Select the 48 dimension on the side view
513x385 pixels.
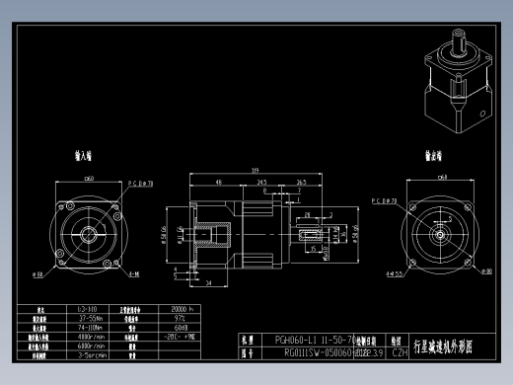[217, 183]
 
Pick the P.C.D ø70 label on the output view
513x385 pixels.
[383, 201]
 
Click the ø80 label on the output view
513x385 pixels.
[486, 271]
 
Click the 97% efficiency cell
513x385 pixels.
[180, 319]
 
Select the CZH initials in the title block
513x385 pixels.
[400, 350]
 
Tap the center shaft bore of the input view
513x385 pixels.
[90, 234]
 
